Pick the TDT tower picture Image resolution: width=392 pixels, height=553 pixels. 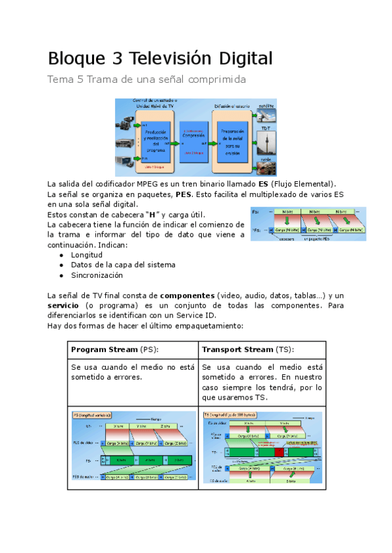click(x=267, y=140)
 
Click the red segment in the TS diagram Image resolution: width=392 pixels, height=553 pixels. click(x=280, y=451)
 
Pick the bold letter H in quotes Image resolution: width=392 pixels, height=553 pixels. click(x=152, y=215)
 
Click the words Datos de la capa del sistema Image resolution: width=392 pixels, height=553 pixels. click(x=123, y=265)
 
